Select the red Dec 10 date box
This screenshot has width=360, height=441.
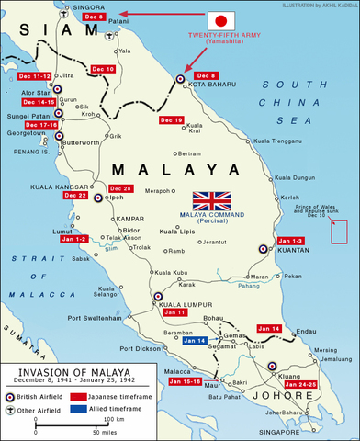click(x=102, y=69)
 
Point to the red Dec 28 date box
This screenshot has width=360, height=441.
click(x=121, y=188)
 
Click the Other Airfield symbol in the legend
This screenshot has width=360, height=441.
click(x=13, y=409)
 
